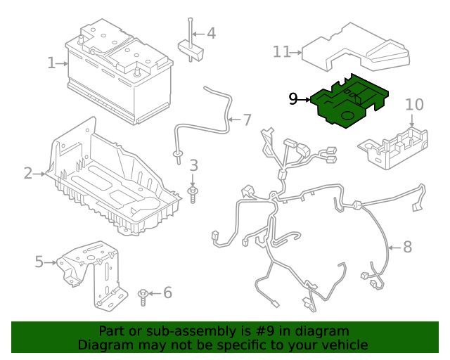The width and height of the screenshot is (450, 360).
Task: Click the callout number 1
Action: coord(51,63)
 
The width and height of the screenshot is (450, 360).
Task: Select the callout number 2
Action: coord(28,172)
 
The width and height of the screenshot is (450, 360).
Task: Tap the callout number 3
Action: coord(194,166)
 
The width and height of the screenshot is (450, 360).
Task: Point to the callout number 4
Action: coord(210,33)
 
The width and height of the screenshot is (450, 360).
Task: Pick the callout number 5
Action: coord(39,262)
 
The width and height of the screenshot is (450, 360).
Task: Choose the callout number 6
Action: coord(167,292)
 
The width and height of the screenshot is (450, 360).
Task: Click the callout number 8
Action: coord(407,247)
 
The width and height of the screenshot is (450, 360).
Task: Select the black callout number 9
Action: coord(293,99)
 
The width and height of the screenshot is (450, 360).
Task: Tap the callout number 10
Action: coord(414,105)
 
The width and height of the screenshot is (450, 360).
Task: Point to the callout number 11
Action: coord(282,51)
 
